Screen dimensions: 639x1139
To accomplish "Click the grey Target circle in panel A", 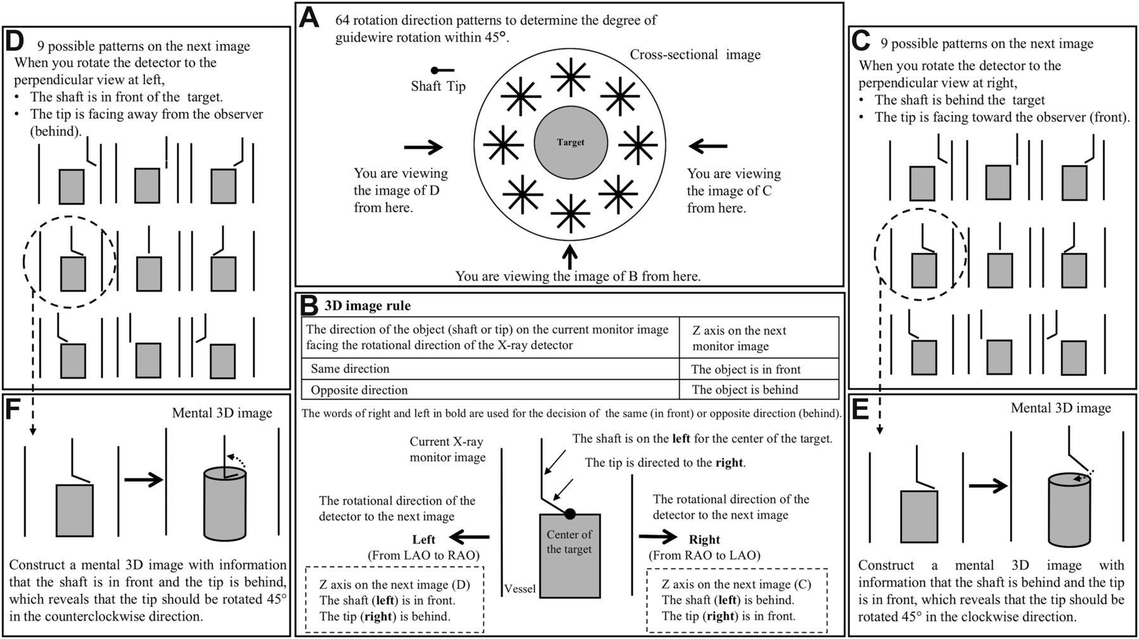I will tap(571, 142).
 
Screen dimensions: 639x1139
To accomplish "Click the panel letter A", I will tap(309, 18).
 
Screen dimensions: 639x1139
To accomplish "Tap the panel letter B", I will tap(309, 306).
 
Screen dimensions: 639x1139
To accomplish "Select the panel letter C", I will tap(861, 41).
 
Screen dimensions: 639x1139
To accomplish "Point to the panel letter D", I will tap(15, 42).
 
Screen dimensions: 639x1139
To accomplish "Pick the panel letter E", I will tap(861, 410).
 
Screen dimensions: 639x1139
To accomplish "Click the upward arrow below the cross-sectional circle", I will tap(571, 256).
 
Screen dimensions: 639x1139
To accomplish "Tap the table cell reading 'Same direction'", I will tap(350, 369).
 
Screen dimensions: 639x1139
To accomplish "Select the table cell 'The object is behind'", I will tap(745, 390).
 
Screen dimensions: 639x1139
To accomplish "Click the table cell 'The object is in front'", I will tap(745, 369).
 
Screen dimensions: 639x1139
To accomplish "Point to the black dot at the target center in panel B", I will tap(570, 514).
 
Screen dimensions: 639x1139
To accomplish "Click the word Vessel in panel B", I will tap(520, 589).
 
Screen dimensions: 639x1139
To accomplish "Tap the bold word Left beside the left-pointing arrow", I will tap(423, 540).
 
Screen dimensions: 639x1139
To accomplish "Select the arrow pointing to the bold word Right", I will tap(658, 537).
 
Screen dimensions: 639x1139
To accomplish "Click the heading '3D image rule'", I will tap(368, 306).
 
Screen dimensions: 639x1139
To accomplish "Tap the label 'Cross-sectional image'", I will tap(695, 55).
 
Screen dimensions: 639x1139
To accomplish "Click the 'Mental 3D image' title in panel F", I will tap(222, 413).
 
